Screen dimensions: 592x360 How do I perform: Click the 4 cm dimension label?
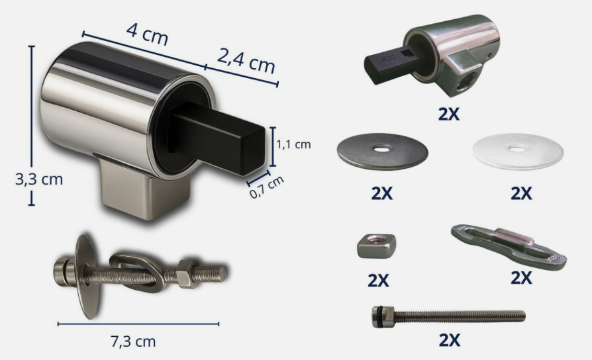point(147,34)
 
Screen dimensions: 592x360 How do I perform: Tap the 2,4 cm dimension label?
point(246,60)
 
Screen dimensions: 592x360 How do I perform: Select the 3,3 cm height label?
point(39,179)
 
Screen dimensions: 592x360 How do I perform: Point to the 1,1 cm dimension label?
point(294,144)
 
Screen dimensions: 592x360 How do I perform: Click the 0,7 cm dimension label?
point(267,187)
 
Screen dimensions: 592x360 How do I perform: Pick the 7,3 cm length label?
point(133,341)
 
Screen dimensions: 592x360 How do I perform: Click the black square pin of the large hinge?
point(217,138)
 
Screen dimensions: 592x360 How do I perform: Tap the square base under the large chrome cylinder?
point(146,189)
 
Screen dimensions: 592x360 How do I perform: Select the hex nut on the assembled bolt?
point(187,273)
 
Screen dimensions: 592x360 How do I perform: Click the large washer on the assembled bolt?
point(87,276)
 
